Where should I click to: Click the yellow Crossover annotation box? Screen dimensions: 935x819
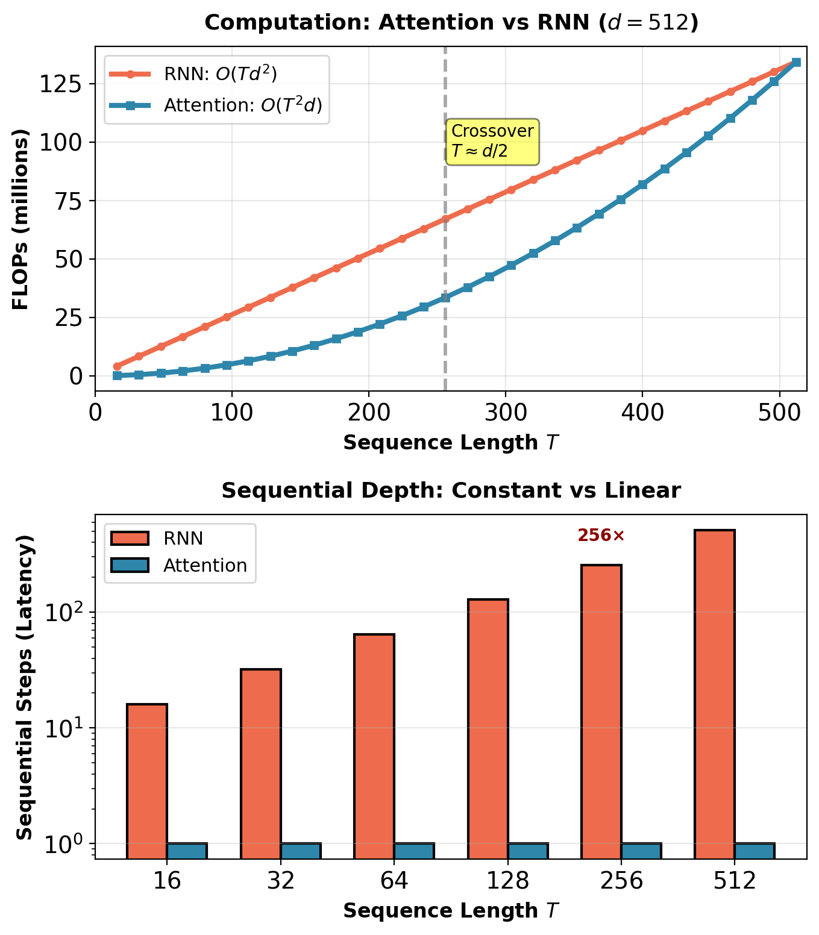[492, 141]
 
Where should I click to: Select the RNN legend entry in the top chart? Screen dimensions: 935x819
[220, 74]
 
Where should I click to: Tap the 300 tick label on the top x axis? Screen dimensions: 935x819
[505, 414]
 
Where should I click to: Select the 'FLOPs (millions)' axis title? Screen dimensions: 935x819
[21, 219]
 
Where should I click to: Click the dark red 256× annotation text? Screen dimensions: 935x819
[601, 535]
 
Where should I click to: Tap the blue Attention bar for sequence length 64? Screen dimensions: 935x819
[414, 851]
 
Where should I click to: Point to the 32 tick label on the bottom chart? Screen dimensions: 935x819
[281, 881]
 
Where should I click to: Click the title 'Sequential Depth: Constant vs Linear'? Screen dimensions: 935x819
[451, 491]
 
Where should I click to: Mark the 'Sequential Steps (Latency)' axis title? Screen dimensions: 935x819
[24, 687]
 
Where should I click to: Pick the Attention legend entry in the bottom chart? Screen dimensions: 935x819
[205, 566]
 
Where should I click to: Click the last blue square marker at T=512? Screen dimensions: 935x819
[795, 63]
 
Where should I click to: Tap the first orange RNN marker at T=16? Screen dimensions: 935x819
[117, 366]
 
